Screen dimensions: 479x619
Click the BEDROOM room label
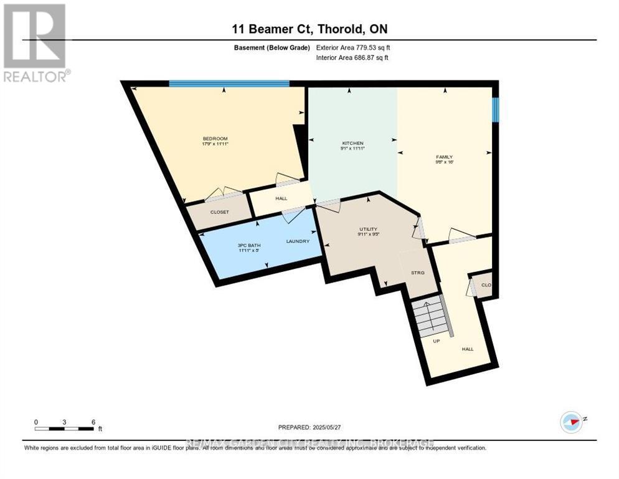[x=215, y=138]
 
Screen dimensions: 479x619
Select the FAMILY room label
[x=443, y=157]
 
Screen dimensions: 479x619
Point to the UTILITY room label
[x=368, y=229]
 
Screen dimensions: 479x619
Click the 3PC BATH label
[x=250, y=245]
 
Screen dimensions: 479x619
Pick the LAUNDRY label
[x=298, y=241]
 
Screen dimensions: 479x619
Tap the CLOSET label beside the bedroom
[x=219, y=212]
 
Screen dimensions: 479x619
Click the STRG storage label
[x=417, y=273]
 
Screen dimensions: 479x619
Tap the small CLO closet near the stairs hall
[x=485, y=285]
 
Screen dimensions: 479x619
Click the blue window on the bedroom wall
[x=229, y=84]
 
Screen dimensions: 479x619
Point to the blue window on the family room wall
[x=495, y=110]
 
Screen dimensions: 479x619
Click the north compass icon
[x=571, y=422]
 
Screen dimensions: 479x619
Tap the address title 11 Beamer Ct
[x=309, y=29]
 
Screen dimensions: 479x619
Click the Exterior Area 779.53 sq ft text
[x=352, y=47]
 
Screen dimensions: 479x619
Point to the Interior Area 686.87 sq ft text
[x=352, y=58]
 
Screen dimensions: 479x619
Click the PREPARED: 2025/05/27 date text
[x=309, y=427]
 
